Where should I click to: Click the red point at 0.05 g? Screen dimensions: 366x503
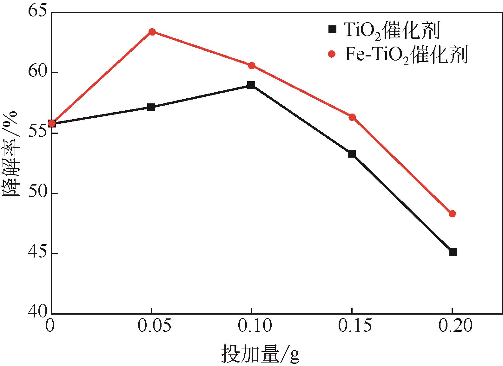coord(152,32)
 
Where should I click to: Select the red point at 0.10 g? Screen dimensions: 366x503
coord(252,66)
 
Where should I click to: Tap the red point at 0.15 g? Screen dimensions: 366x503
coord(352,117)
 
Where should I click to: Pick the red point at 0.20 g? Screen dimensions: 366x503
coord(452,214)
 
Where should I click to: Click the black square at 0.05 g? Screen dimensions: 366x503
coord(151,107)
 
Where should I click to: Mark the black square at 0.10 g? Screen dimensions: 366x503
coord(251,85)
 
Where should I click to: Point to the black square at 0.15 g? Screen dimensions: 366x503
coord(352,154)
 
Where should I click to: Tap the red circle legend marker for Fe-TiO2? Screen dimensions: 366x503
coord(332,54)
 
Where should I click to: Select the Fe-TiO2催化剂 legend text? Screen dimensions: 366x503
coord(406,55)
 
